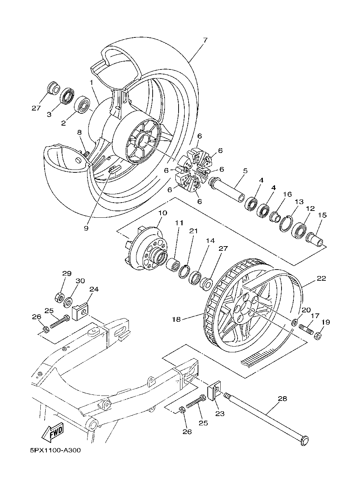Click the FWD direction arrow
click(x=53, y=432)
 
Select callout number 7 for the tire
click(x=205, y=40)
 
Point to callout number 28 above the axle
click(x=283, y=399)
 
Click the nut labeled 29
click(x=59, y=298)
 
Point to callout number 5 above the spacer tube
click(x=245, y=171)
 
